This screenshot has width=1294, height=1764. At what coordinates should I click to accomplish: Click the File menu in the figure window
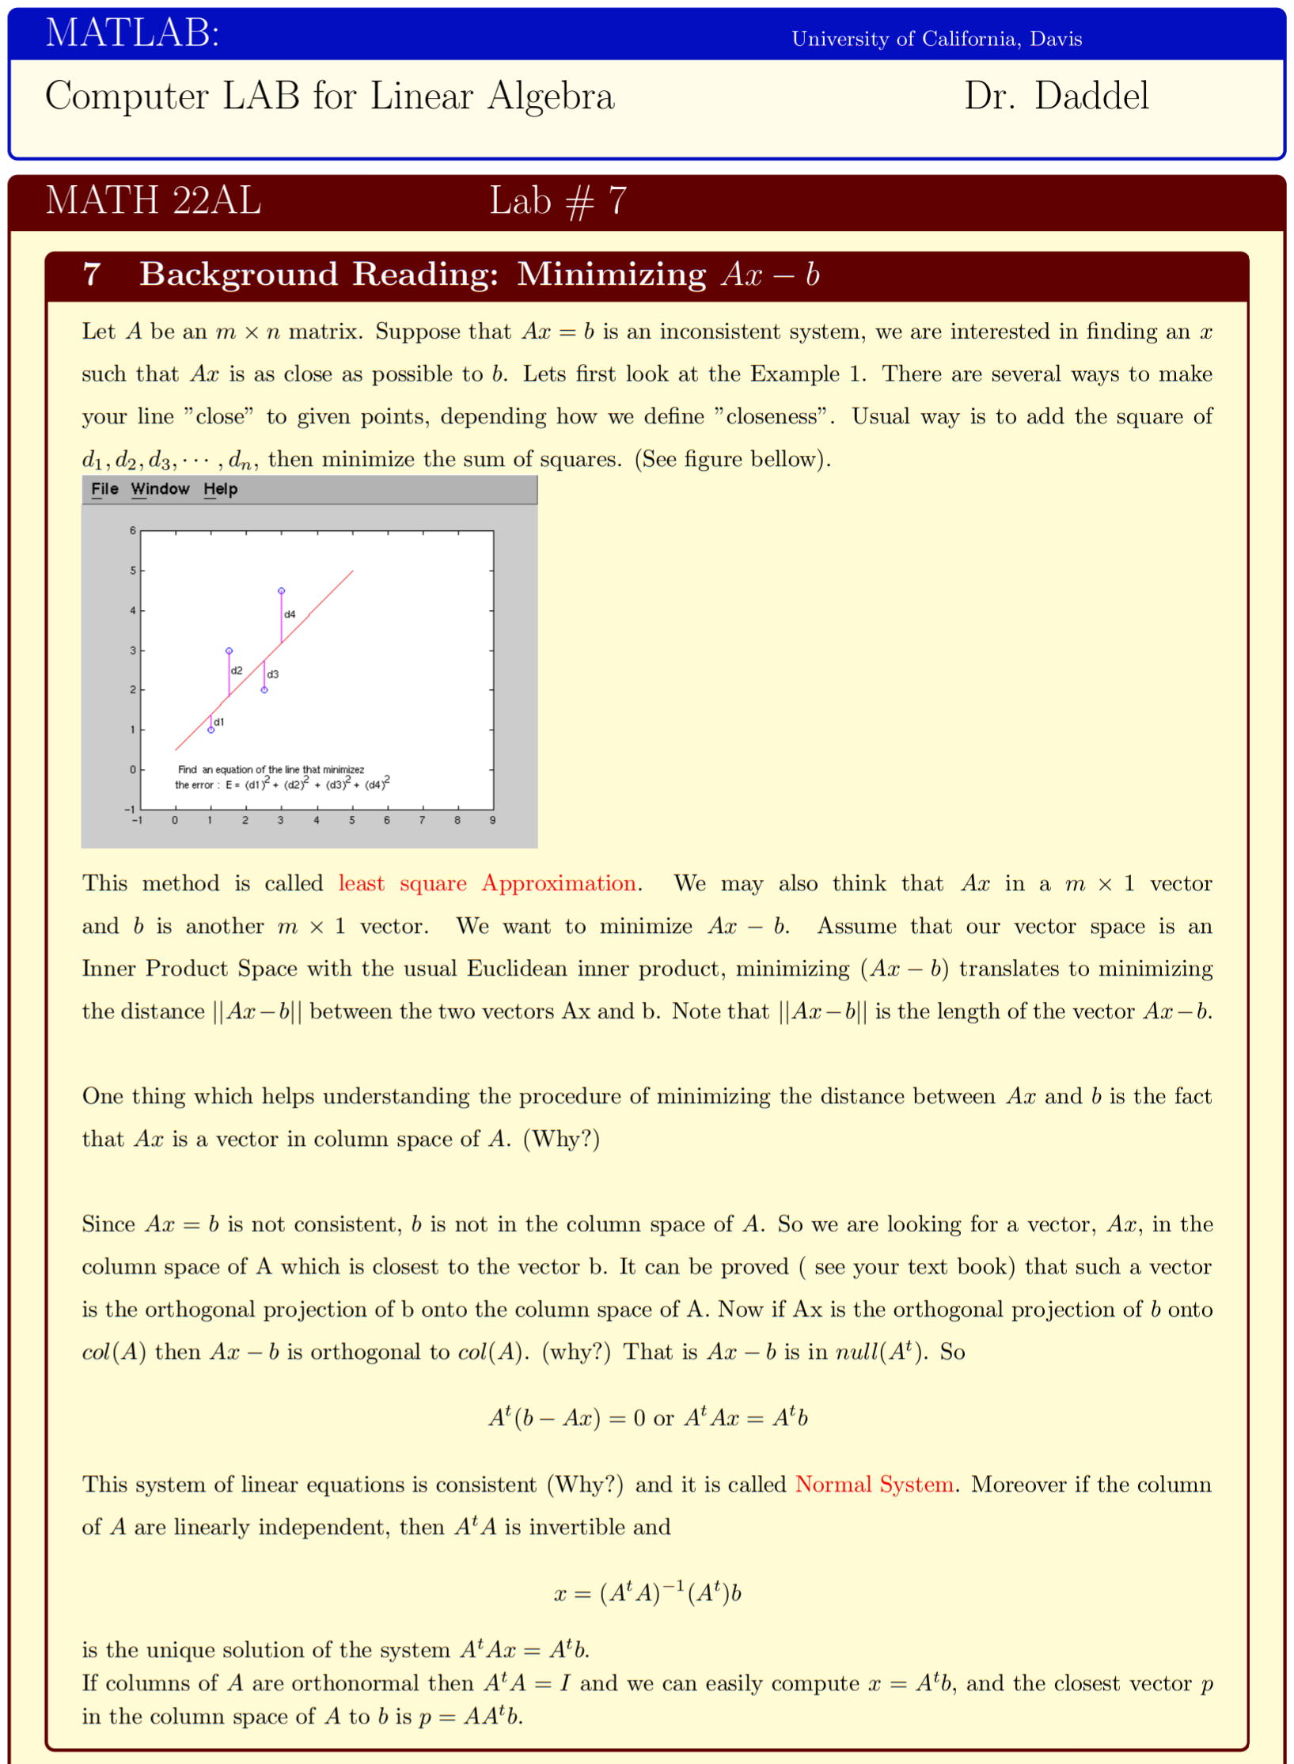(x=104, y=489)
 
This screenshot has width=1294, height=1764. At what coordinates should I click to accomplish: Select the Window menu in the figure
(x=160, y=489)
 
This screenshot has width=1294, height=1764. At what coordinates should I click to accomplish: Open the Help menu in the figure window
(x=220, y=489)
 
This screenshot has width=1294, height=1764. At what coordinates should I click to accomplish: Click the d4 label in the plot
(x=290, y=614)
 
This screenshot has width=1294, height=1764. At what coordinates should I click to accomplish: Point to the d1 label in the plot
(x=219, y=722)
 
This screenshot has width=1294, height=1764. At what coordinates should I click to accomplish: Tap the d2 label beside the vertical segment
(x=237, y=670)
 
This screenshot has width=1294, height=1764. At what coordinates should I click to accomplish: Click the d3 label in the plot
(x=273, y=674)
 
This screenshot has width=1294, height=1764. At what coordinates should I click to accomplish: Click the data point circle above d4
(x=281, y=591)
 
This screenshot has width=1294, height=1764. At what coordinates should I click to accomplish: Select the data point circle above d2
(x=229, y=651)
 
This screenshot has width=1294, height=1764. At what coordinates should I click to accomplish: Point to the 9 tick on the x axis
(x=492, y=821)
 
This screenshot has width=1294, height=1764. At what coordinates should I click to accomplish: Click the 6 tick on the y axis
(x=133, y=530)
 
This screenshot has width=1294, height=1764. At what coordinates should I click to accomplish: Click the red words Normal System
(x=874, y=1484)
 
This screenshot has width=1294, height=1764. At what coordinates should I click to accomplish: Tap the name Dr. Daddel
(x=1056, y=96)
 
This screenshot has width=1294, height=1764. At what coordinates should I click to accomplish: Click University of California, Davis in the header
(x=936, y=39)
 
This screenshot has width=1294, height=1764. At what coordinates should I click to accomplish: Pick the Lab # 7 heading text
(x=558, y=201)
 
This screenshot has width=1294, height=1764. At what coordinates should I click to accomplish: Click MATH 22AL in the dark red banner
(x=153, y=200)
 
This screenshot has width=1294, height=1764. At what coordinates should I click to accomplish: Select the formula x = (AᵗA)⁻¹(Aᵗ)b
(x=647, y=1592)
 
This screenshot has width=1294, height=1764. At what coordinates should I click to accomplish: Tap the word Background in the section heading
(x=238, y=275)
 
